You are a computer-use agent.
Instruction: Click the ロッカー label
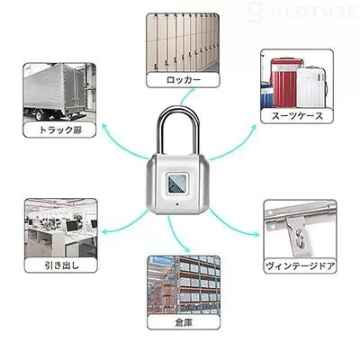(184, 80)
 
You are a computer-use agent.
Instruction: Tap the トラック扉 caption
(60, 130)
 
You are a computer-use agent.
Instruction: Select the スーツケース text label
(297, 115)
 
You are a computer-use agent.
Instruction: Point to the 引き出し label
(62, 265)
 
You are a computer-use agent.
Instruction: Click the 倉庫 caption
(184, 322)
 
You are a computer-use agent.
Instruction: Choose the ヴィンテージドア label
(300, 265)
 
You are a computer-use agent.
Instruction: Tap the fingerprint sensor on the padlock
(177, 184)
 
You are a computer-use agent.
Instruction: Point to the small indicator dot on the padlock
(177, 205)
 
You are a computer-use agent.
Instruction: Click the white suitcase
(311, 87)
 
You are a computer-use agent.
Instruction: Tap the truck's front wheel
(39, 115)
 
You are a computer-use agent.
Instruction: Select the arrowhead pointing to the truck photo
(105, 126)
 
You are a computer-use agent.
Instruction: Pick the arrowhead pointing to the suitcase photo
(254, 127)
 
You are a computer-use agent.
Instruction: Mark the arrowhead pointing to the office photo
(105, 231)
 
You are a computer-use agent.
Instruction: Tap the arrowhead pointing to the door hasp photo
(256, 234)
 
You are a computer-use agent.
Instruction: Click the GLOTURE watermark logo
(303, 12)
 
